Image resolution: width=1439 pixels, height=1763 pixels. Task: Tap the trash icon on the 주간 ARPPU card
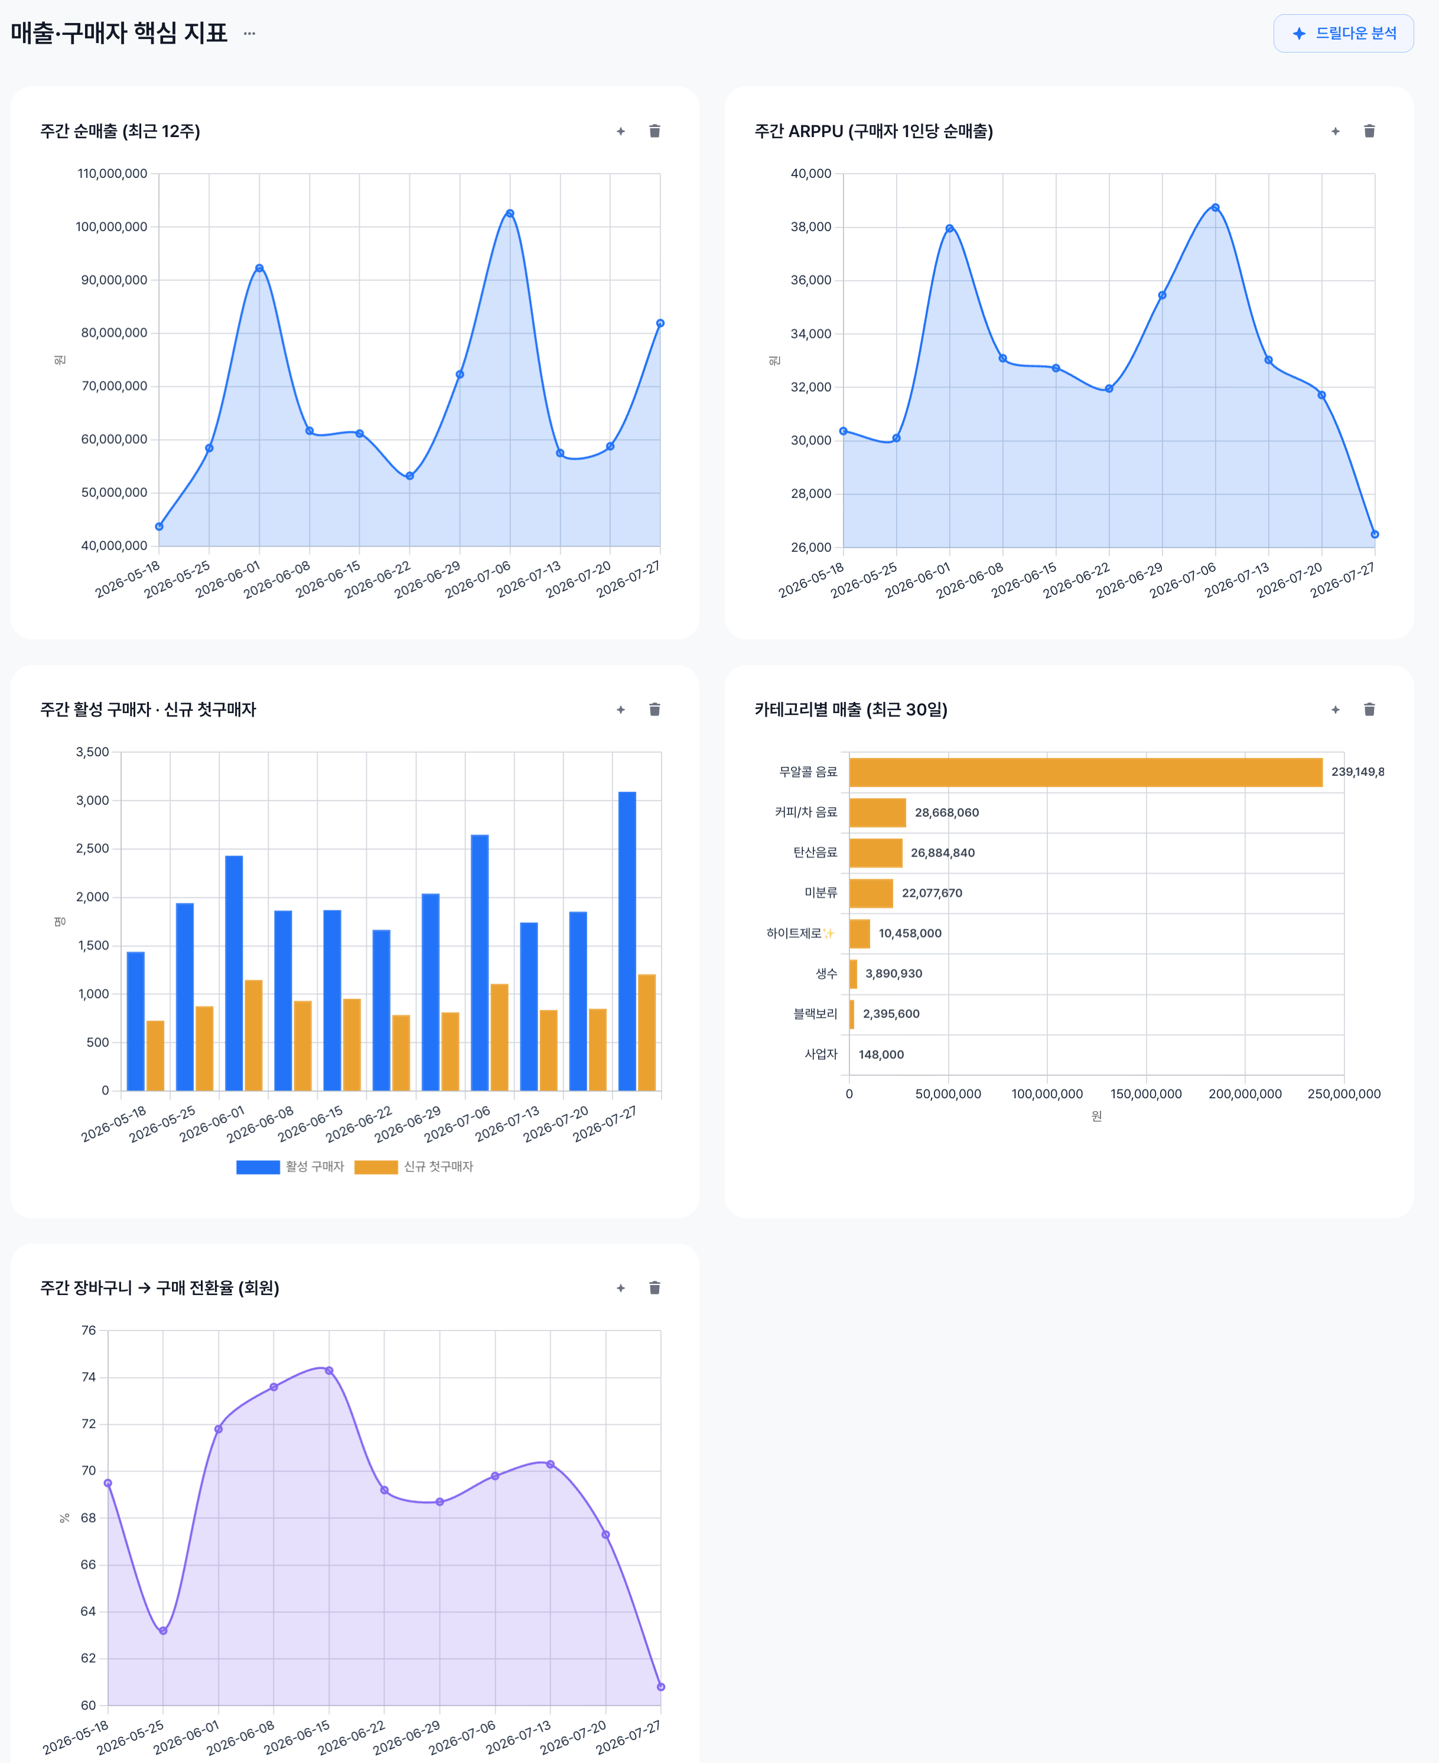tap(1369, 131)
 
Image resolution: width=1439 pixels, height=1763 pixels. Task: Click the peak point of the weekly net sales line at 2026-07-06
tap(510, 213)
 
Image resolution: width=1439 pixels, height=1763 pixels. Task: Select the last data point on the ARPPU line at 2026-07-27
tap(1375, 535)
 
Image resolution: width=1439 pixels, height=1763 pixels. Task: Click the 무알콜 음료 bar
tap(1086, 772)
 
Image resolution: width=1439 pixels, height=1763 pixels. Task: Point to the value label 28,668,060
tap(946, 812)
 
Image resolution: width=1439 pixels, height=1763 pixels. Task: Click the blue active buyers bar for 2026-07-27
tap(627, 941)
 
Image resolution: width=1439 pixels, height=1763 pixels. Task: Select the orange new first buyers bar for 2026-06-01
tap(253, 1035)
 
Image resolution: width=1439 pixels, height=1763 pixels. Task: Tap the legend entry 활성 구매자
tap(290, 1166)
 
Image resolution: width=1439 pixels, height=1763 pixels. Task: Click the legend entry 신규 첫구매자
tap(414, 1166)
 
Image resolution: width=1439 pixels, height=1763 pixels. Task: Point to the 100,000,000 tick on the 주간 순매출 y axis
tap(111, 226)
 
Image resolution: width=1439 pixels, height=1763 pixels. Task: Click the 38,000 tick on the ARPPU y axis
tap(810, 226)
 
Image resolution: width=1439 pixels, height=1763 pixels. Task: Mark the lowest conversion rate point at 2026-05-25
tap(163, 1631)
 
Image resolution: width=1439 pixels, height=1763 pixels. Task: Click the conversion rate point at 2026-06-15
tap(329, 1371)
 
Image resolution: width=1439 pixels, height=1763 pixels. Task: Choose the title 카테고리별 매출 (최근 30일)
tap(851, 710)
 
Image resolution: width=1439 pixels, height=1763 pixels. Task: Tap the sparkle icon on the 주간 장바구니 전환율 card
tap(621, 1288)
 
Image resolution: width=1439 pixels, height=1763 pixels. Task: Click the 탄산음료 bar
tap(876, 852)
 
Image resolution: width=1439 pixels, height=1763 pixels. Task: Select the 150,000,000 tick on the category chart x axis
tap(1145, 1094)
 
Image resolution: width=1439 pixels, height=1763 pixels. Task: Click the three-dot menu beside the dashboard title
tap(249, 33)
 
